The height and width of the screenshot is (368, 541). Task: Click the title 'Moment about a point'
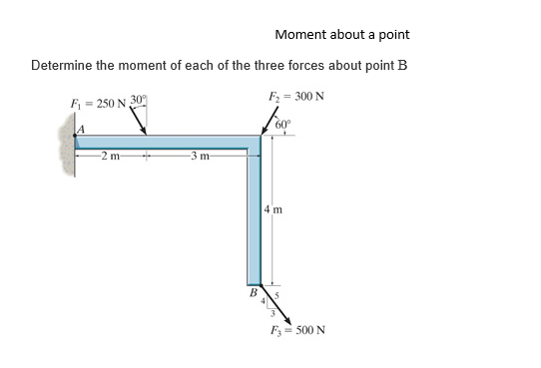(341, 35)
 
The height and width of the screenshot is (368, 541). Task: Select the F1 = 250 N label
(92, 103)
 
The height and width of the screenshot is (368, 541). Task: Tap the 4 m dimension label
(274, 209)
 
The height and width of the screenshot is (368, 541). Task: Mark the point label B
(252, 293)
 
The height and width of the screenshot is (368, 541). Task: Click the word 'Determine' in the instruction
(65, 66)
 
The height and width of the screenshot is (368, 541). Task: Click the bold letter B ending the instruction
(403, 66)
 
